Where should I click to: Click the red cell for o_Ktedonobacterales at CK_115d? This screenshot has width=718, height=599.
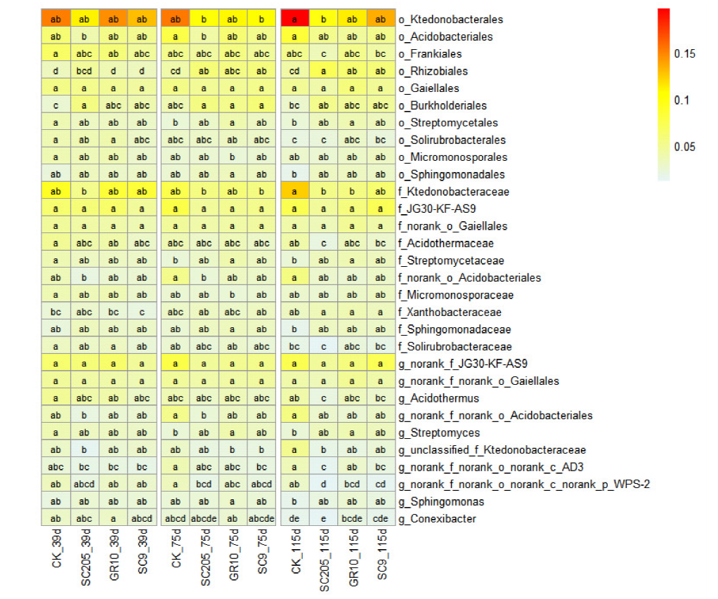pyautogui.click(x=294, y=20)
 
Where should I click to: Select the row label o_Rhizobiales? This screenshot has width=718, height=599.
pyautogui.click(x=433, y=71)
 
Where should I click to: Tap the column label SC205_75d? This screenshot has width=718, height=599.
pyautogui.click(x=205, y=559)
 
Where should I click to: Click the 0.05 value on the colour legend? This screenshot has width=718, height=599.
pyautogui.click(x=685, y=147)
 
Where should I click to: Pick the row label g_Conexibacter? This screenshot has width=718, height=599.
pyautogui.click(x=437, y=519)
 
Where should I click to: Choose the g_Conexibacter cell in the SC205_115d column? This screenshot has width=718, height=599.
pyautogui.click(x=324, y=519)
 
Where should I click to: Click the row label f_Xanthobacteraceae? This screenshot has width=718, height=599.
pyautogui.click(x=450, y=312)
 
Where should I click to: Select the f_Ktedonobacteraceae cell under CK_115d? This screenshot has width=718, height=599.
pyautogui.click(x=294, y=192)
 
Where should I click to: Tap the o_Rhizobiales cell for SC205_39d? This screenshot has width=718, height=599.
pyautogui.click(x=84, y=71)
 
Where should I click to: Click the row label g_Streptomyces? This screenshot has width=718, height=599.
pyautogui.click(x=439, y=433)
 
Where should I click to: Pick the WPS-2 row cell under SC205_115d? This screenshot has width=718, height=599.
pyautogui.click(x=324, y=485)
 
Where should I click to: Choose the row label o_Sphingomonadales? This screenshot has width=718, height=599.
pyautogui.click(x=451, y=174)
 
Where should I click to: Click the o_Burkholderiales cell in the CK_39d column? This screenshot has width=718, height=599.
pyautogui.click(x=56, y=105)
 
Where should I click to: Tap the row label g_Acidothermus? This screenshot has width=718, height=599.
pyautogui.click(x=439, y=398)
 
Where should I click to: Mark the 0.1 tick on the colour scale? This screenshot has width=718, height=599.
pyautogui.click(x=681, y=100)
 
